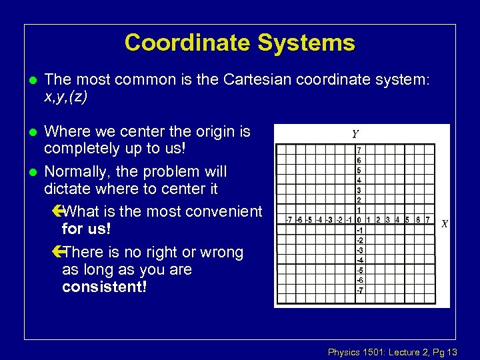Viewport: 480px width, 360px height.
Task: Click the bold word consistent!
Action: click(103, 287)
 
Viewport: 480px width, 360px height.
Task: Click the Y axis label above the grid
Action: click(356, 134)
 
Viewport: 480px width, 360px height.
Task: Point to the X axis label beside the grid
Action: click(443, 225)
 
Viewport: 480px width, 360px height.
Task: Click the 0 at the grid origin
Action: click(359, 220)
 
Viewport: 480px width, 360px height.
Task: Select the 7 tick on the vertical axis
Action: click(359, 151)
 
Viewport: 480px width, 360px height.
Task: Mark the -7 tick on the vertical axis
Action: click(359, 290)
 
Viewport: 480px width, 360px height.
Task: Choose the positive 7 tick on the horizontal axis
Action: click(427, 220)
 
